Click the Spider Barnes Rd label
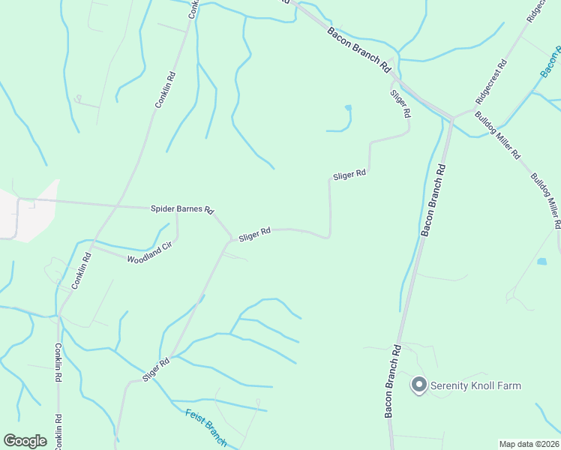pos(182,209)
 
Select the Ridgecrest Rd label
pos(491,82)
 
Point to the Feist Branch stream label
pos(205,427)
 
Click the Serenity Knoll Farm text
pos(475,386)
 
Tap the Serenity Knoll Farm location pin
pos(418,385)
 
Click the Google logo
pos(25,441)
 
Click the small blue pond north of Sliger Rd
pos(348,108)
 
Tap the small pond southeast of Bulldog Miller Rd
pos(541,262)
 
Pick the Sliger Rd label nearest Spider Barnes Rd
pos(254,235)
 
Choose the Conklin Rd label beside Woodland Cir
pos(81,271)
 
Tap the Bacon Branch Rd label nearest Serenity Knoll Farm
pos(393,382)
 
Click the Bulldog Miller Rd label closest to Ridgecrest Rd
pos(497,136)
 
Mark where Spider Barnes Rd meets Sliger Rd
pos(231,239)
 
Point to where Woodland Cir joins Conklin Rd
pos(91,246)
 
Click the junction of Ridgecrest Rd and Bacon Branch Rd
pos(453,118)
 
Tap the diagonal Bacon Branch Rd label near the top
pos(360,49)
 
